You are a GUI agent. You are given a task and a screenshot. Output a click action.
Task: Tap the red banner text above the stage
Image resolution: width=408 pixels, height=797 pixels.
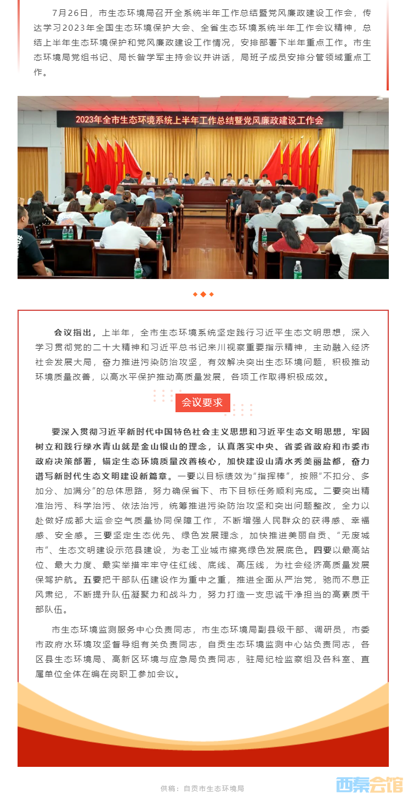pos(200,120)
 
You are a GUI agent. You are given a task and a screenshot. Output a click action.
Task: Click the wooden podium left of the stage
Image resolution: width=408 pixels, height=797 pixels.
pos(73,181)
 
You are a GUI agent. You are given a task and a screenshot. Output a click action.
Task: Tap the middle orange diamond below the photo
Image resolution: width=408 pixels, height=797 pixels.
pos(203,294)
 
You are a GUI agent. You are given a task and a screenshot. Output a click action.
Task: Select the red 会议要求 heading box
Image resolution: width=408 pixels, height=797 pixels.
pos(202,402)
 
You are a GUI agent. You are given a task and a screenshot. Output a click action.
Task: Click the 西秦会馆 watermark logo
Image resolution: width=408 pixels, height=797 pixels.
pos(369,785)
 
